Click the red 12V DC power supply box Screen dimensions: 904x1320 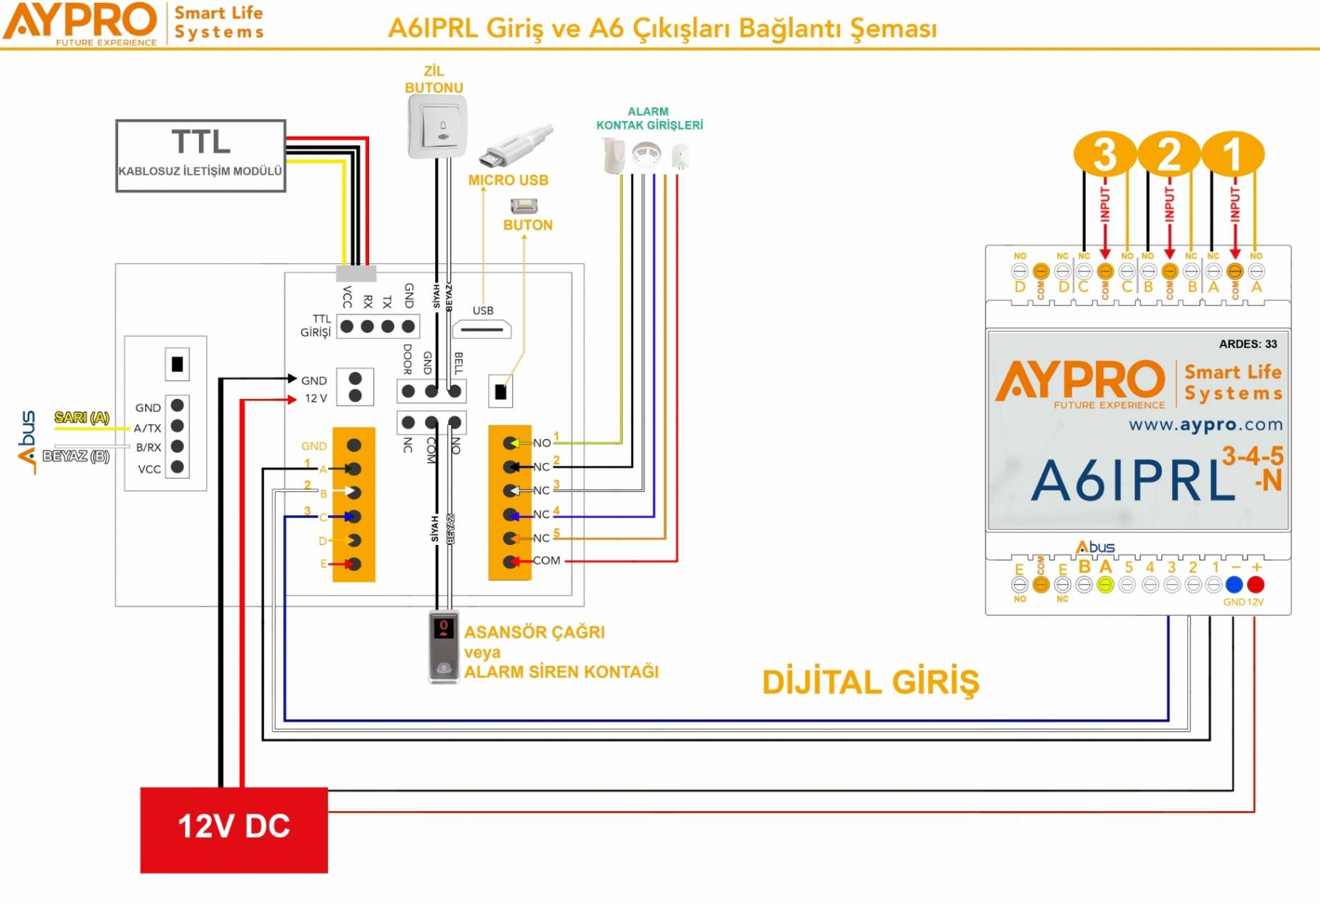coord(234,829)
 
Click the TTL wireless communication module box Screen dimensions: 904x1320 coord(200,155)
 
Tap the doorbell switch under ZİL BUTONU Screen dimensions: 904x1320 coord(437,127)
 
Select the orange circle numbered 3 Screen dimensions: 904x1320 coord(1104,154)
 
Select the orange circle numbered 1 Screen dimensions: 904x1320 coord(1233,154)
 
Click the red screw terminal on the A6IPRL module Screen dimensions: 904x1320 coord(1255,585)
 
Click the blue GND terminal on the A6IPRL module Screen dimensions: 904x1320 coord(1234,585)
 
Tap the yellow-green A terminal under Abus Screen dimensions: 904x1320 coord(1105,585)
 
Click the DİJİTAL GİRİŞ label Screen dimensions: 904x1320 coord(870,683)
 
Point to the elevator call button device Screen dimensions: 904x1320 coord(443,646)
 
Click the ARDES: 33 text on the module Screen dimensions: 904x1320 coord(1247,344)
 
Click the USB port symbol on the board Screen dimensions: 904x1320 coord(482,329)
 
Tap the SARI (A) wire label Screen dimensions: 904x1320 coord(81,417)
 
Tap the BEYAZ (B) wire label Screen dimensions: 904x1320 coord(75,456)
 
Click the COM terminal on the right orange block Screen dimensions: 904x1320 coord(512,561)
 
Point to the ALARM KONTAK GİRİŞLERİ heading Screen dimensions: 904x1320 coord(649,118)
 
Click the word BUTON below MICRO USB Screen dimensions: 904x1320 coord(528,225)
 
